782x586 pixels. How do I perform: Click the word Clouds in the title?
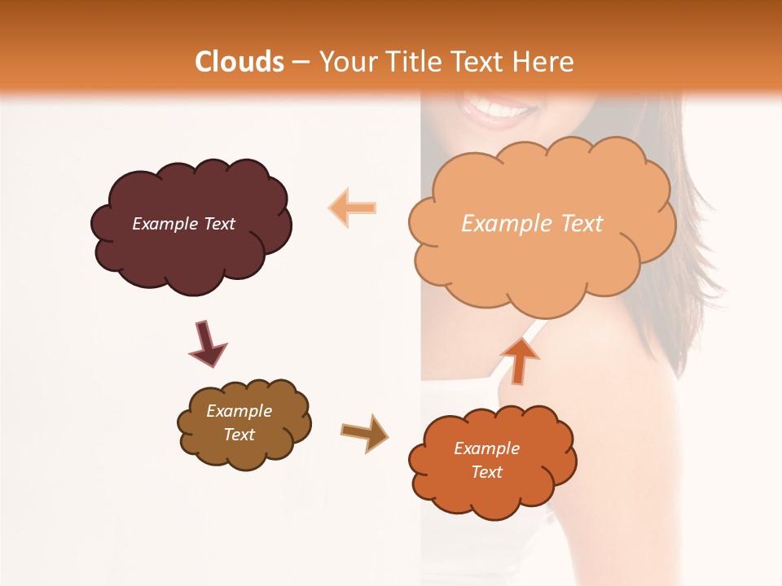coord(239,62)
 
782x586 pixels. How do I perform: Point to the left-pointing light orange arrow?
coord(354,208)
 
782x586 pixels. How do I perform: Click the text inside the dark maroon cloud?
coord(183,224)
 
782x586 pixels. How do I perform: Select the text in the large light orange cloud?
coord(532,224)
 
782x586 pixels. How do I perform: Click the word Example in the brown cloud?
coord(239,411)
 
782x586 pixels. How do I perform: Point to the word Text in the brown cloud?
coord(239,435)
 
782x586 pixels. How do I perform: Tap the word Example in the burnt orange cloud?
coord(486,448)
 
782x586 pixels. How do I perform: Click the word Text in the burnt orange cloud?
coord(487,472)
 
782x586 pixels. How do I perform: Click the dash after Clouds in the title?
coord(301,63)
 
